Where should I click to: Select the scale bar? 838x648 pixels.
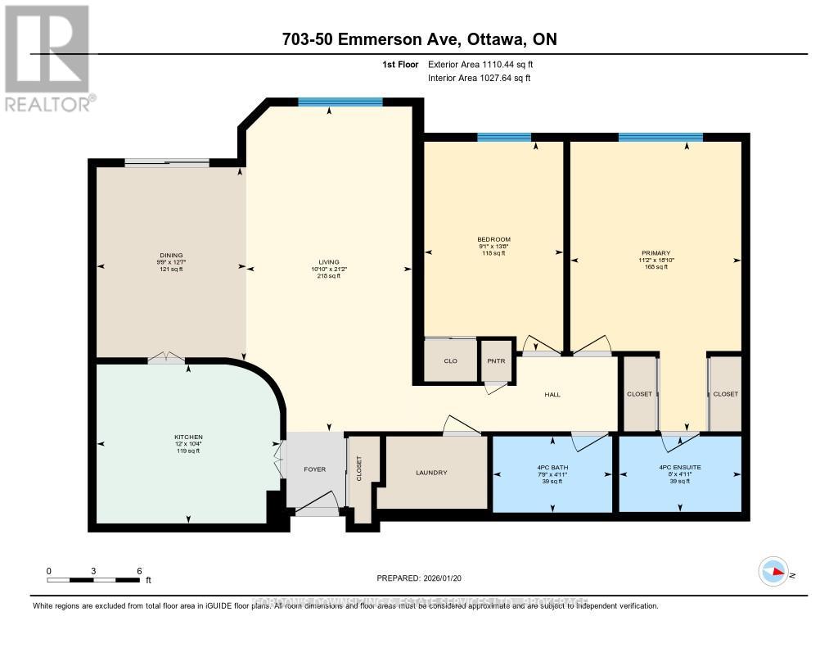(94, 580)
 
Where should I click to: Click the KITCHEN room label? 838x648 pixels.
(188, 437)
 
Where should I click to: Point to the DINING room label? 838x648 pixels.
(171, 255)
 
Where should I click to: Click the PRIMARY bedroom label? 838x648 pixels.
(656, 253)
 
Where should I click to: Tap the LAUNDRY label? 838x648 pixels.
(430, 473)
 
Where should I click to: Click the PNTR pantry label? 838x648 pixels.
(494, 361)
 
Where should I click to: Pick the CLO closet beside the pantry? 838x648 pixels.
(450, 361)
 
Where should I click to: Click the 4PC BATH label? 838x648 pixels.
(552, 468)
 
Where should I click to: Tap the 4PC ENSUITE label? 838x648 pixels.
(679, 468)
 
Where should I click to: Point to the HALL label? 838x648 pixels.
(552, 395)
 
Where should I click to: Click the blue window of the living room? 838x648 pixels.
(340, 102)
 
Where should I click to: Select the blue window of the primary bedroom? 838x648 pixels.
(660, 137)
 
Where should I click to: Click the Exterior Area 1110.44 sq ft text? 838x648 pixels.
(480, 64)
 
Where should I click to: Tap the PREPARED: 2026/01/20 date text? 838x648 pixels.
(419, 578)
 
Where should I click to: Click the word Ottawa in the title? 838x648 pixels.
(480, 39)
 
